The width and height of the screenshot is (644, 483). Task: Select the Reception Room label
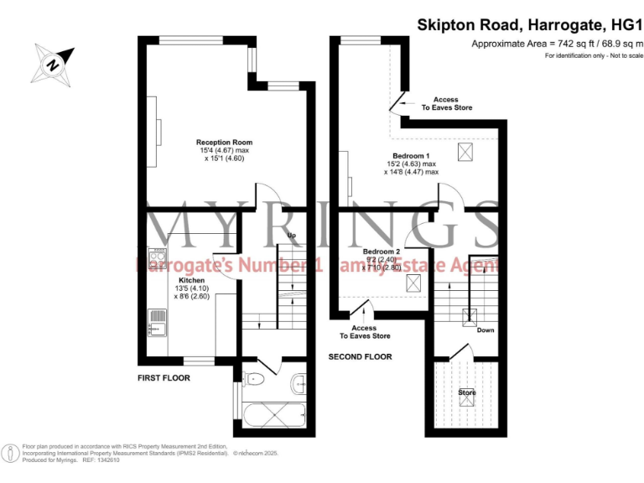pos(224,143)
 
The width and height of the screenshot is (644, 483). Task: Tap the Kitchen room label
pos(191,280)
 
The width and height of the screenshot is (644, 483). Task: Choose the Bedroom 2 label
pos(381,252)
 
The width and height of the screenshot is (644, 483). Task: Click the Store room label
pos(466,392)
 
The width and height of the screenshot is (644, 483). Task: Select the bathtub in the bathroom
pos(276,416)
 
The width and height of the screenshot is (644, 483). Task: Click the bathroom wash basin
pos(300,384)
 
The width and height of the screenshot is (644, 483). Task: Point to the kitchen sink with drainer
pos(157,322)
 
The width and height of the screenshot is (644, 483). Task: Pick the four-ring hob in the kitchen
pos(157,256)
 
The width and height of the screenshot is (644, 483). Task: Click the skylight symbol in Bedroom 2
pos(413,283)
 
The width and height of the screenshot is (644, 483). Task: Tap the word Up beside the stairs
pos(291,235)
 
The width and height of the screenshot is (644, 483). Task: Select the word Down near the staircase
pos(486,330)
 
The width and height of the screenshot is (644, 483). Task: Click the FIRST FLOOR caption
pos(164,378)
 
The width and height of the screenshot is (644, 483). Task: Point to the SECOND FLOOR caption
pos(359,357)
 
